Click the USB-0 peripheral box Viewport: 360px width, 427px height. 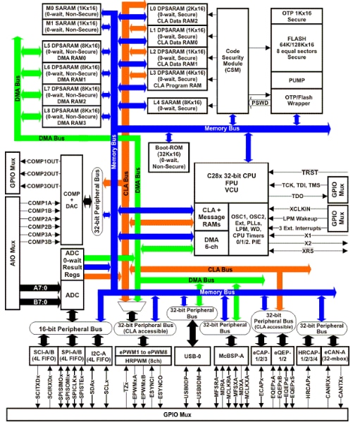[x=187, y=357]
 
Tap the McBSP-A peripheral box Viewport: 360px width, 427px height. [x=230, y=357]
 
